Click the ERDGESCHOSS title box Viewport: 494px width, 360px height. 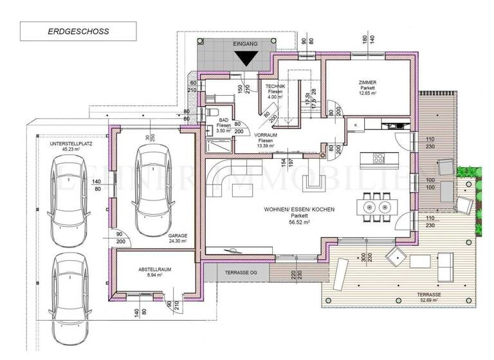tap(78, 31)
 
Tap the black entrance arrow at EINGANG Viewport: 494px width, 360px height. tap(244, 58)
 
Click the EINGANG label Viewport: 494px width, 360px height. tap(245, 44)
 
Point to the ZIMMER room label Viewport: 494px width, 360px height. tap(368, 82)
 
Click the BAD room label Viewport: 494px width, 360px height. tap(223, 120)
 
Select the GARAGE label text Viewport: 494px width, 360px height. tap(178, 236)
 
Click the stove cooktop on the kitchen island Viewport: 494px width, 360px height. tap(378, 157)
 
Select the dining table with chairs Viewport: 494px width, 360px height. tap(377, 207)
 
